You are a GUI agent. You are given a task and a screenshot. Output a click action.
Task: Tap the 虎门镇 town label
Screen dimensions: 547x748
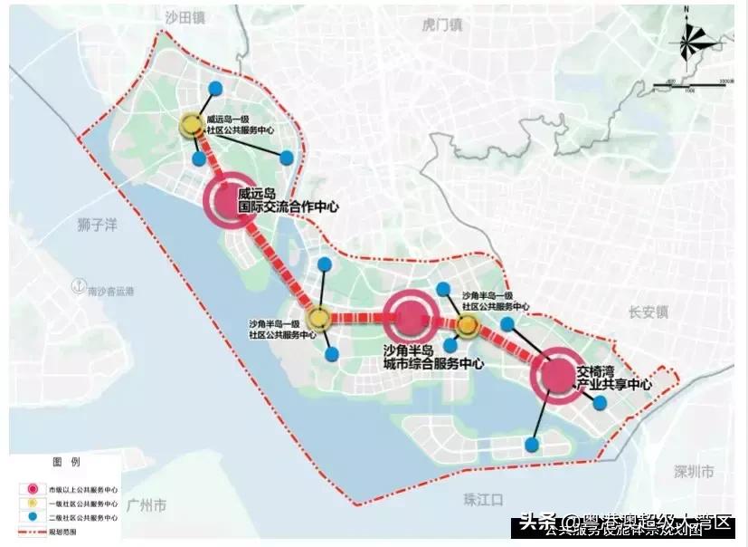tap(442, 25)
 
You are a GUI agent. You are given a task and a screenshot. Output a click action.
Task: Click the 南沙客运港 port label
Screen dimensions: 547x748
tap(111, 291)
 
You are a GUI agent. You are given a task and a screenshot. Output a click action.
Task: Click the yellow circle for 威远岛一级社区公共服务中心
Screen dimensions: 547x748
tap(192, 125)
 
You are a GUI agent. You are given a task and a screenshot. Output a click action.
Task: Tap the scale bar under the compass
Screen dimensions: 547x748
tap(693, 85)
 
